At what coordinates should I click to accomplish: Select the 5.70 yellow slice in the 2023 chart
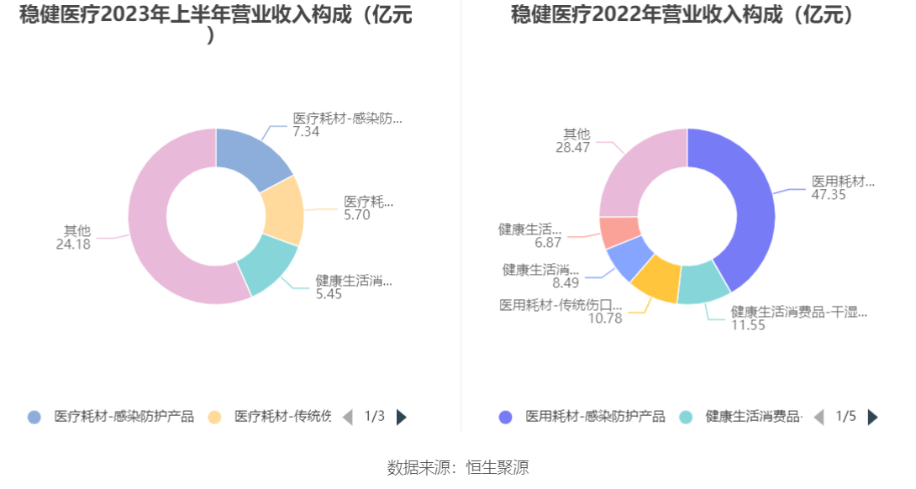coord(282,210)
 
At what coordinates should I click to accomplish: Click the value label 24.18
coord(73,244)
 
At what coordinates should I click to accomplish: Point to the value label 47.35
coord(828,195)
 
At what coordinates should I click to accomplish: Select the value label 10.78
coord(605,318)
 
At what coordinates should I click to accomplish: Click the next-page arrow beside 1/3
coord(402,417)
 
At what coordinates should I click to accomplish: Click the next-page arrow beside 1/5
coord(873,417)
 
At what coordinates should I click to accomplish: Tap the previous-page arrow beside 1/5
coord(819,417)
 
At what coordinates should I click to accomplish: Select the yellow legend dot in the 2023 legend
coord(213,417)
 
